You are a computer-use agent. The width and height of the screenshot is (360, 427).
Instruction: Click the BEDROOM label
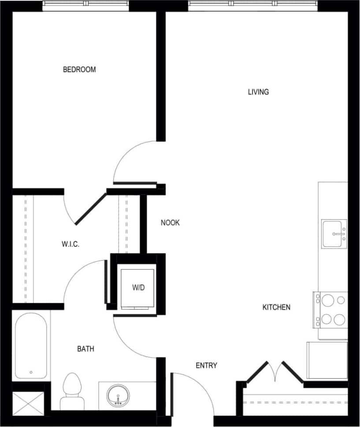(79, 70)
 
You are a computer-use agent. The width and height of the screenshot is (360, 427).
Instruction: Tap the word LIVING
(258, 92)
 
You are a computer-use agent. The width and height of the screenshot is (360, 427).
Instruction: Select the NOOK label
(170, 223)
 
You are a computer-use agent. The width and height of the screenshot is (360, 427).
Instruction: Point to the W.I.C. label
(70, 244)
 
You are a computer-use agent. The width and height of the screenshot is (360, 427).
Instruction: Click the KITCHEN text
(276, 307)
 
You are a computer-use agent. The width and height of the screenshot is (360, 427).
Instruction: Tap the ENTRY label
(206, 366)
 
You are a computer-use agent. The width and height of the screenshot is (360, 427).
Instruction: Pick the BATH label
(85, 349)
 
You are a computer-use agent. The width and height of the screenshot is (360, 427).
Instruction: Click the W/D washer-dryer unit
(138, 287)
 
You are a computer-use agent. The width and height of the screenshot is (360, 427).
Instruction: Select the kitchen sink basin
(334, 234)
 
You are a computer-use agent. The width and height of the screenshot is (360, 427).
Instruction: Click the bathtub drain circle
(31, 372)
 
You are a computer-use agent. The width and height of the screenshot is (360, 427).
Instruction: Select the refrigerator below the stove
(327, 360)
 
